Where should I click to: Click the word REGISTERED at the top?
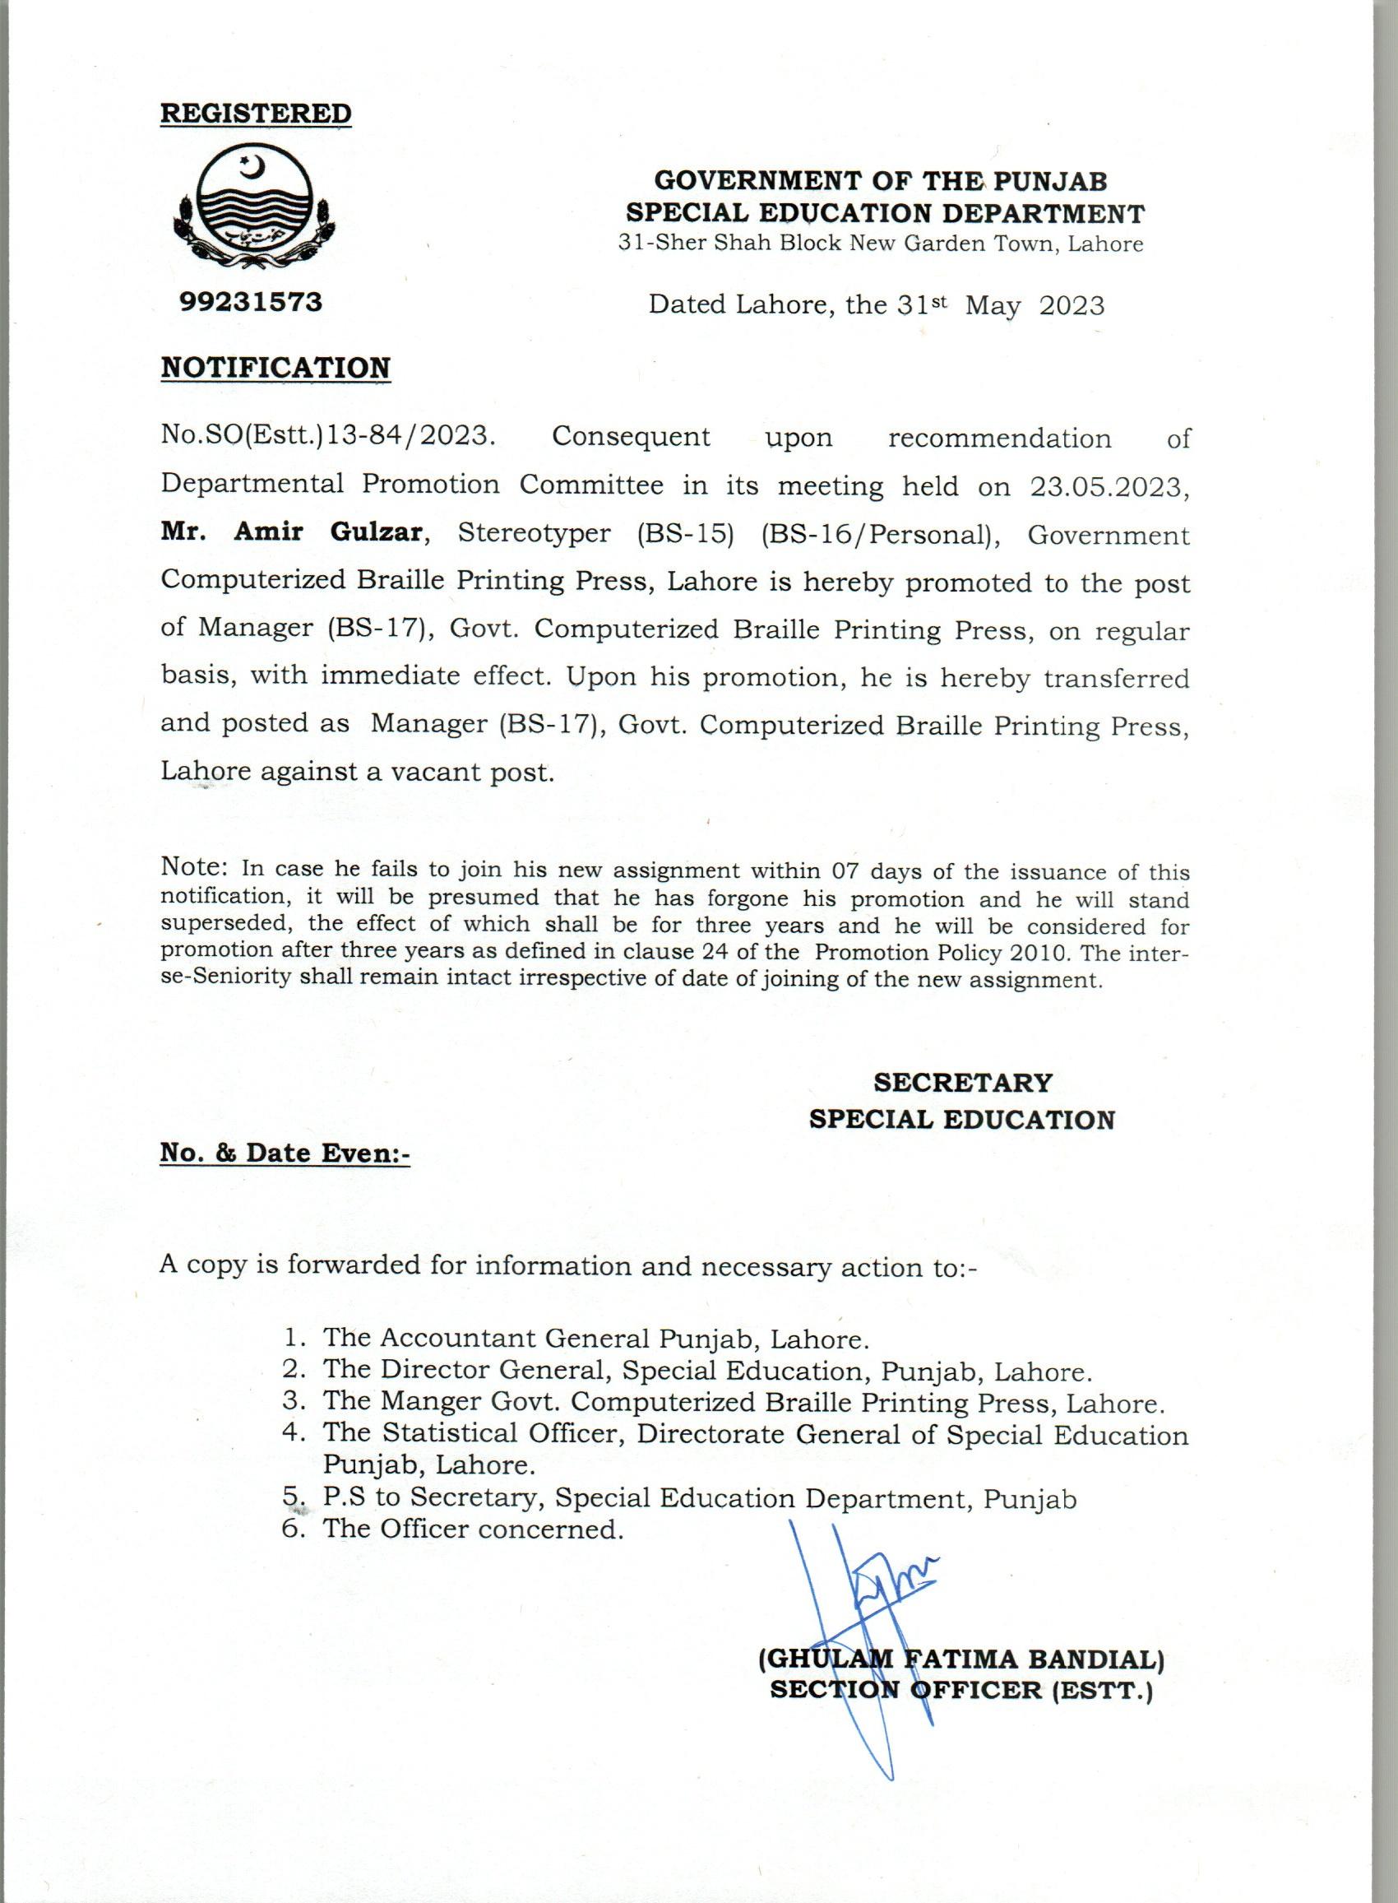pyautogui.click(x=256, y=114)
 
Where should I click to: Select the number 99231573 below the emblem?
pyautogui.click(x=251, y=301)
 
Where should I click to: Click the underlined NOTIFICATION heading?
pyautogui.click(x=275, y=368)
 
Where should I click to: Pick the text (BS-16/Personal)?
pyautogui.click(x=876, y=534)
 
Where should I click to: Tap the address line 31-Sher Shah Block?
pyautogui.click(x=881, y=244)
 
